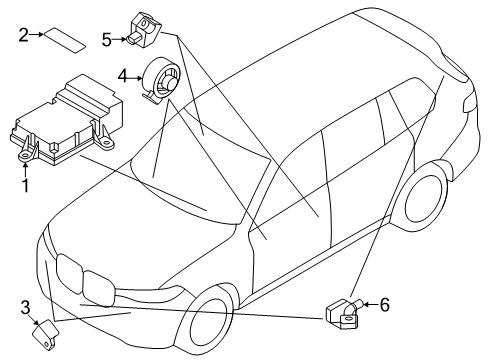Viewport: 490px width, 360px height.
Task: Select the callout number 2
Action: pos(23,35)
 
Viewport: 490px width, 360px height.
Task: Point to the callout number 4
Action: pos(122,76)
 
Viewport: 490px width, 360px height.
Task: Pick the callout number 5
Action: pos(107,39)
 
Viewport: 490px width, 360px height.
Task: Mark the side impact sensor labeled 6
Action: pos(344,315)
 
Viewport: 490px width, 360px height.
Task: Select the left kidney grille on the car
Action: pos(69,275)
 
